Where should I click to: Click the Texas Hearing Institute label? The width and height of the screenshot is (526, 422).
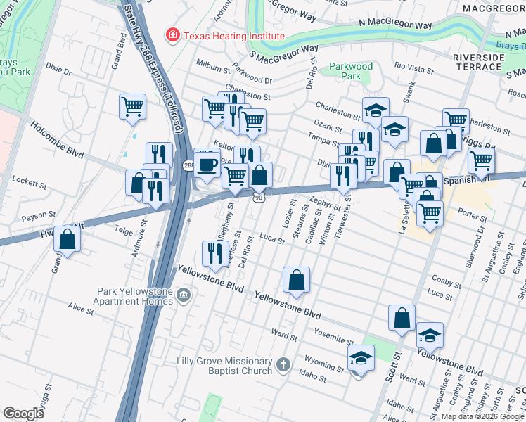pyautogui.click(x=233, y=36)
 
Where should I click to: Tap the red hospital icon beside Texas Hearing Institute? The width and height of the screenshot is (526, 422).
pyautogui.click(x=171, y=35)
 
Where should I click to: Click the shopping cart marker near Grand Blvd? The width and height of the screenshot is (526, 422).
pyautogui.click(x=132, y=108)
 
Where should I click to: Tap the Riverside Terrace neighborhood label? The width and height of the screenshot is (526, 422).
pyautogui.click(x=478, y=61)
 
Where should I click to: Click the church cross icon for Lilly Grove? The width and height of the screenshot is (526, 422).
pyautogui.click(x=283, y=365)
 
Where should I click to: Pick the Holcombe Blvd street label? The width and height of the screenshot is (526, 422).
pyautogui.click(x=57, y=139)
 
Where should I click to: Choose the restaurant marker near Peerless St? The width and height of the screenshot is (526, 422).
pyautogui.click(x=213, y=252)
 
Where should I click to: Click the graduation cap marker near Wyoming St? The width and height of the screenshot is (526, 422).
pyautogui.click(x=361, y=359)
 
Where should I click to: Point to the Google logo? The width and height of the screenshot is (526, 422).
pyautogui.click(x=23, y=414)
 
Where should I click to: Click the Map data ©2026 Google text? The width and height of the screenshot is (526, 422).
pyautogui.click(x=482, y=416)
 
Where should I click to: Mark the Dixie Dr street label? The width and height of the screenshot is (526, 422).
pyautogui.click(x=58, y=71)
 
